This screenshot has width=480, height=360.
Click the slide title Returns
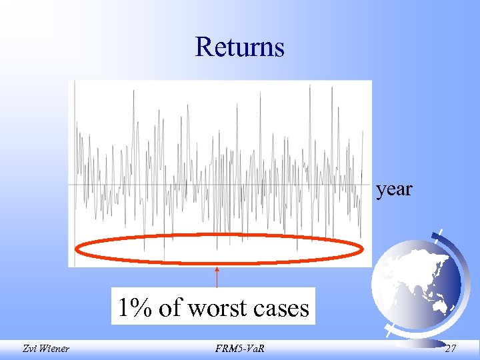(240, 47)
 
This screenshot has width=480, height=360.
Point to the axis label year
(394, 189)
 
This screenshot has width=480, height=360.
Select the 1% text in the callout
(136, 308)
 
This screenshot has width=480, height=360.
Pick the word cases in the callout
(283, 308)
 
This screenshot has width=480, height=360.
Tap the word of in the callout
(172, 308)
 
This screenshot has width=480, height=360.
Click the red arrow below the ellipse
(217, 277)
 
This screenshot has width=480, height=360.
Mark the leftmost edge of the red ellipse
(76, 250)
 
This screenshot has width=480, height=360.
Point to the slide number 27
(451, 347)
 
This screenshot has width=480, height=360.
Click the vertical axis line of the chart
(75, 173)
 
